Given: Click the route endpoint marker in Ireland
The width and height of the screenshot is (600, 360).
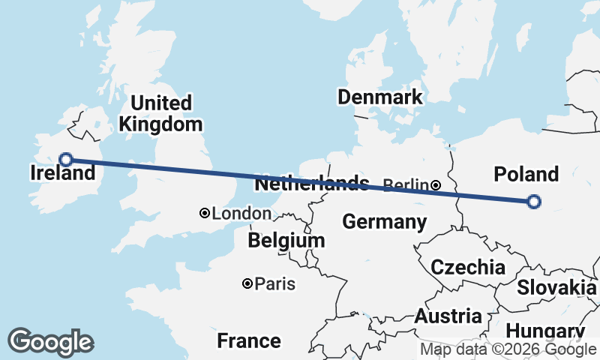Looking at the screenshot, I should [x=66, y=159].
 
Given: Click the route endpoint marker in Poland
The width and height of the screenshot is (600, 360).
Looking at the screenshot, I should [x=533, y=201].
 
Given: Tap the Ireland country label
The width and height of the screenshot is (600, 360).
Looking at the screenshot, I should [x=63, y=173].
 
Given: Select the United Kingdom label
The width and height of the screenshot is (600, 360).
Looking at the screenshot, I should [x=160, y=113].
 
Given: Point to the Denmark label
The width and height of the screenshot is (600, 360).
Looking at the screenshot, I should [x=379, y=97].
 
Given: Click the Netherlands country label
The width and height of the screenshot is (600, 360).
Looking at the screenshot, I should [x=312, y=184].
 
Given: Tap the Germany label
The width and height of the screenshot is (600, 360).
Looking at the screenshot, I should [x=384, y=221].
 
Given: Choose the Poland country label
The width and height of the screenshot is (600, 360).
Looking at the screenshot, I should [x=526, y=174].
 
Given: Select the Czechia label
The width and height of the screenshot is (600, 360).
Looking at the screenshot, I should [x=467, y=267].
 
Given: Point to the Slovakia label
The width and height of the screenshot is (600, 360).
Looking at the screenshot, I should [x=556, y=287].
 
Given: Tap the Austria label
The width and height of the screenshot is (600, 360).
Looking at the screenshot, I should [x=448, y=315].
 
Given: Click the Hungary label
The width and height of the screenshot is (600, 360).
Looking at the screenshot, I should [x=545, y=331].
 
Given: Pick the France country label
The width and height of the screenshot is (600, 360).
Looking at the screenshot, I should [x=248, y=341].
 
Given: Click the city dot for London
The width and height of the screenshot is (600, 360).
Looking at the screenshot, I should [x=204, y=214].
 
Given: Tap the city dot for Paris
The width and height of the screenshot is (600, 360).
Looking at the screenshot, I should [x=247, y=283].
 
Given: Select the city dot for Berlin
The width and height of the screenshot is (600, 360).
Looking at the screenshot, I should [x=436, y=184].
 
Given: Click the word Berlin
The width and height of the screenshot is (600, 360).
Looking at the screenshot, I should [x=406, y=184].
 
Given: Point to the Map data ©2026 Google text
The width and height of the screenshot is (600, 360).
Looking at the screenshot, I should [x=508, y=349].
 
